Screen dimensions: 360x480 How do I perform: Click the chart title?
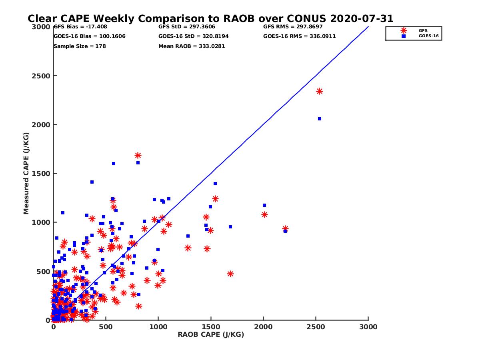pos(210,19)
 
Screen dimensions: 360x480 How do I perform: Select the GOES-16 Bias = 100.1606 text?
pos(89,36)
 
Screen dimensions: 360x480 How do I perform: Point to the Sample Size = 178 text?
pos(80,46)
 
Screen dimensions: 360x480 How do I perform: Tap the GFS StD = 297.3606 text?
pos(186,27)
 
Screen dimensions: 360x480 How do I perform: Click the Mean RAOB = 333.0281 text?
pos(192,46)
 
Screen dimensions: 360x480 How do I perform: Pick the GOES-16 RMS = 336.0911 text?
pos(299,36)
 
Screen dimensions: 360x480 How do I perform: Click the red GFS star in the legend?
pos(404,30)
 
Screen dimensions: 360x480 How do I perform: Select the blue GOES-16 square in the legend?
pos(404,36)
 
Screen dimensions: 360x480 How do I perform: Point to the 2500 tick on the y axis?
pos(41,76)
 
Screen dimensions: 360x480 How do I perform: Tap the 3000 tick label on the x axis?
pos(368,327)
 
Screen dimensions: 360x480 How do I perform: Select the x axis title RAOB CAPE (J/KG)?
pos(211,335)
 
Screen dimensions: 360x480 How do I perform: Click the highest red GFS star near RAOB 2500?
pos(320,91)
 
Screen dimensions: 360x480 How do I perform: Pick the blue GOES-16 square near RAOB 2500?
pos(320,119)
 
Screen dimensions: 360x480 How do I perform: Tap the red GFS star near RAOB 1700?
pos(230,274)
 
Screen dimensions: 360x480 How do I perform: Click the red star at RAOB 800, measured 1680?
pos(138,156)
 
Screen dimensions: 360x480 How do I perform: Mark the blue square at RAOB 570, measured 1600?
pos(114,164)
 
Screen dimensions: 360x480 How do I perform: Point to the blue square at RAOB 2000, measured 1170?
pos(264,205)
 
